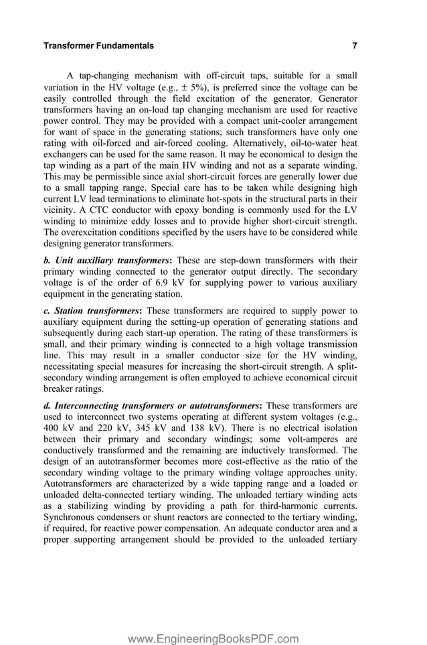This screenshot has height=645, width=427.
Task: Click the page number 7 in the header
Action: pos(354,46)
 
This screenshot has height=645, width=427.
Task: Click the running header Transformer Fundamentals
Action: pos(98,46)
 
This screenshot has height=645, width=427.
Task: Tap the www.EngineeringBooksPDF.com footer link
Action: pos(213,621)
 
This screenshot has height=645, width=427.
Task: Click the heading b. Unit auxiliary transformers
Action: pos(107,260)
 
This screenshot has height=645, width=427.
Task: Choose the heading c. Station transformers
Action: pos(92,311)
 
